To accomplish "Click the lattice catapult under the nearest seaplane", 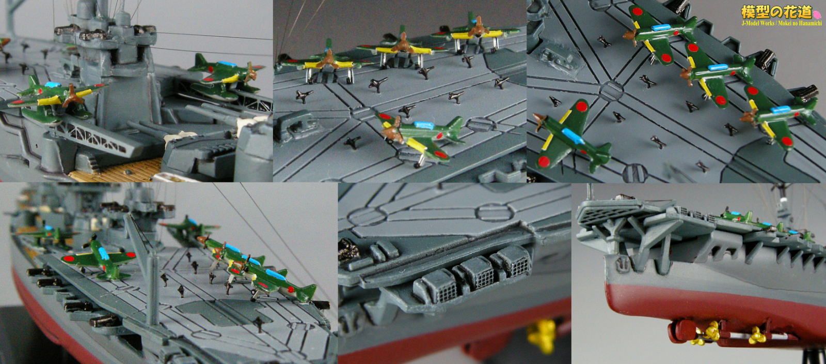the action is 96,139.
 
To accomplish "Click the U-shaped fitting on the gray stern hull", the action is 623,263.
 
